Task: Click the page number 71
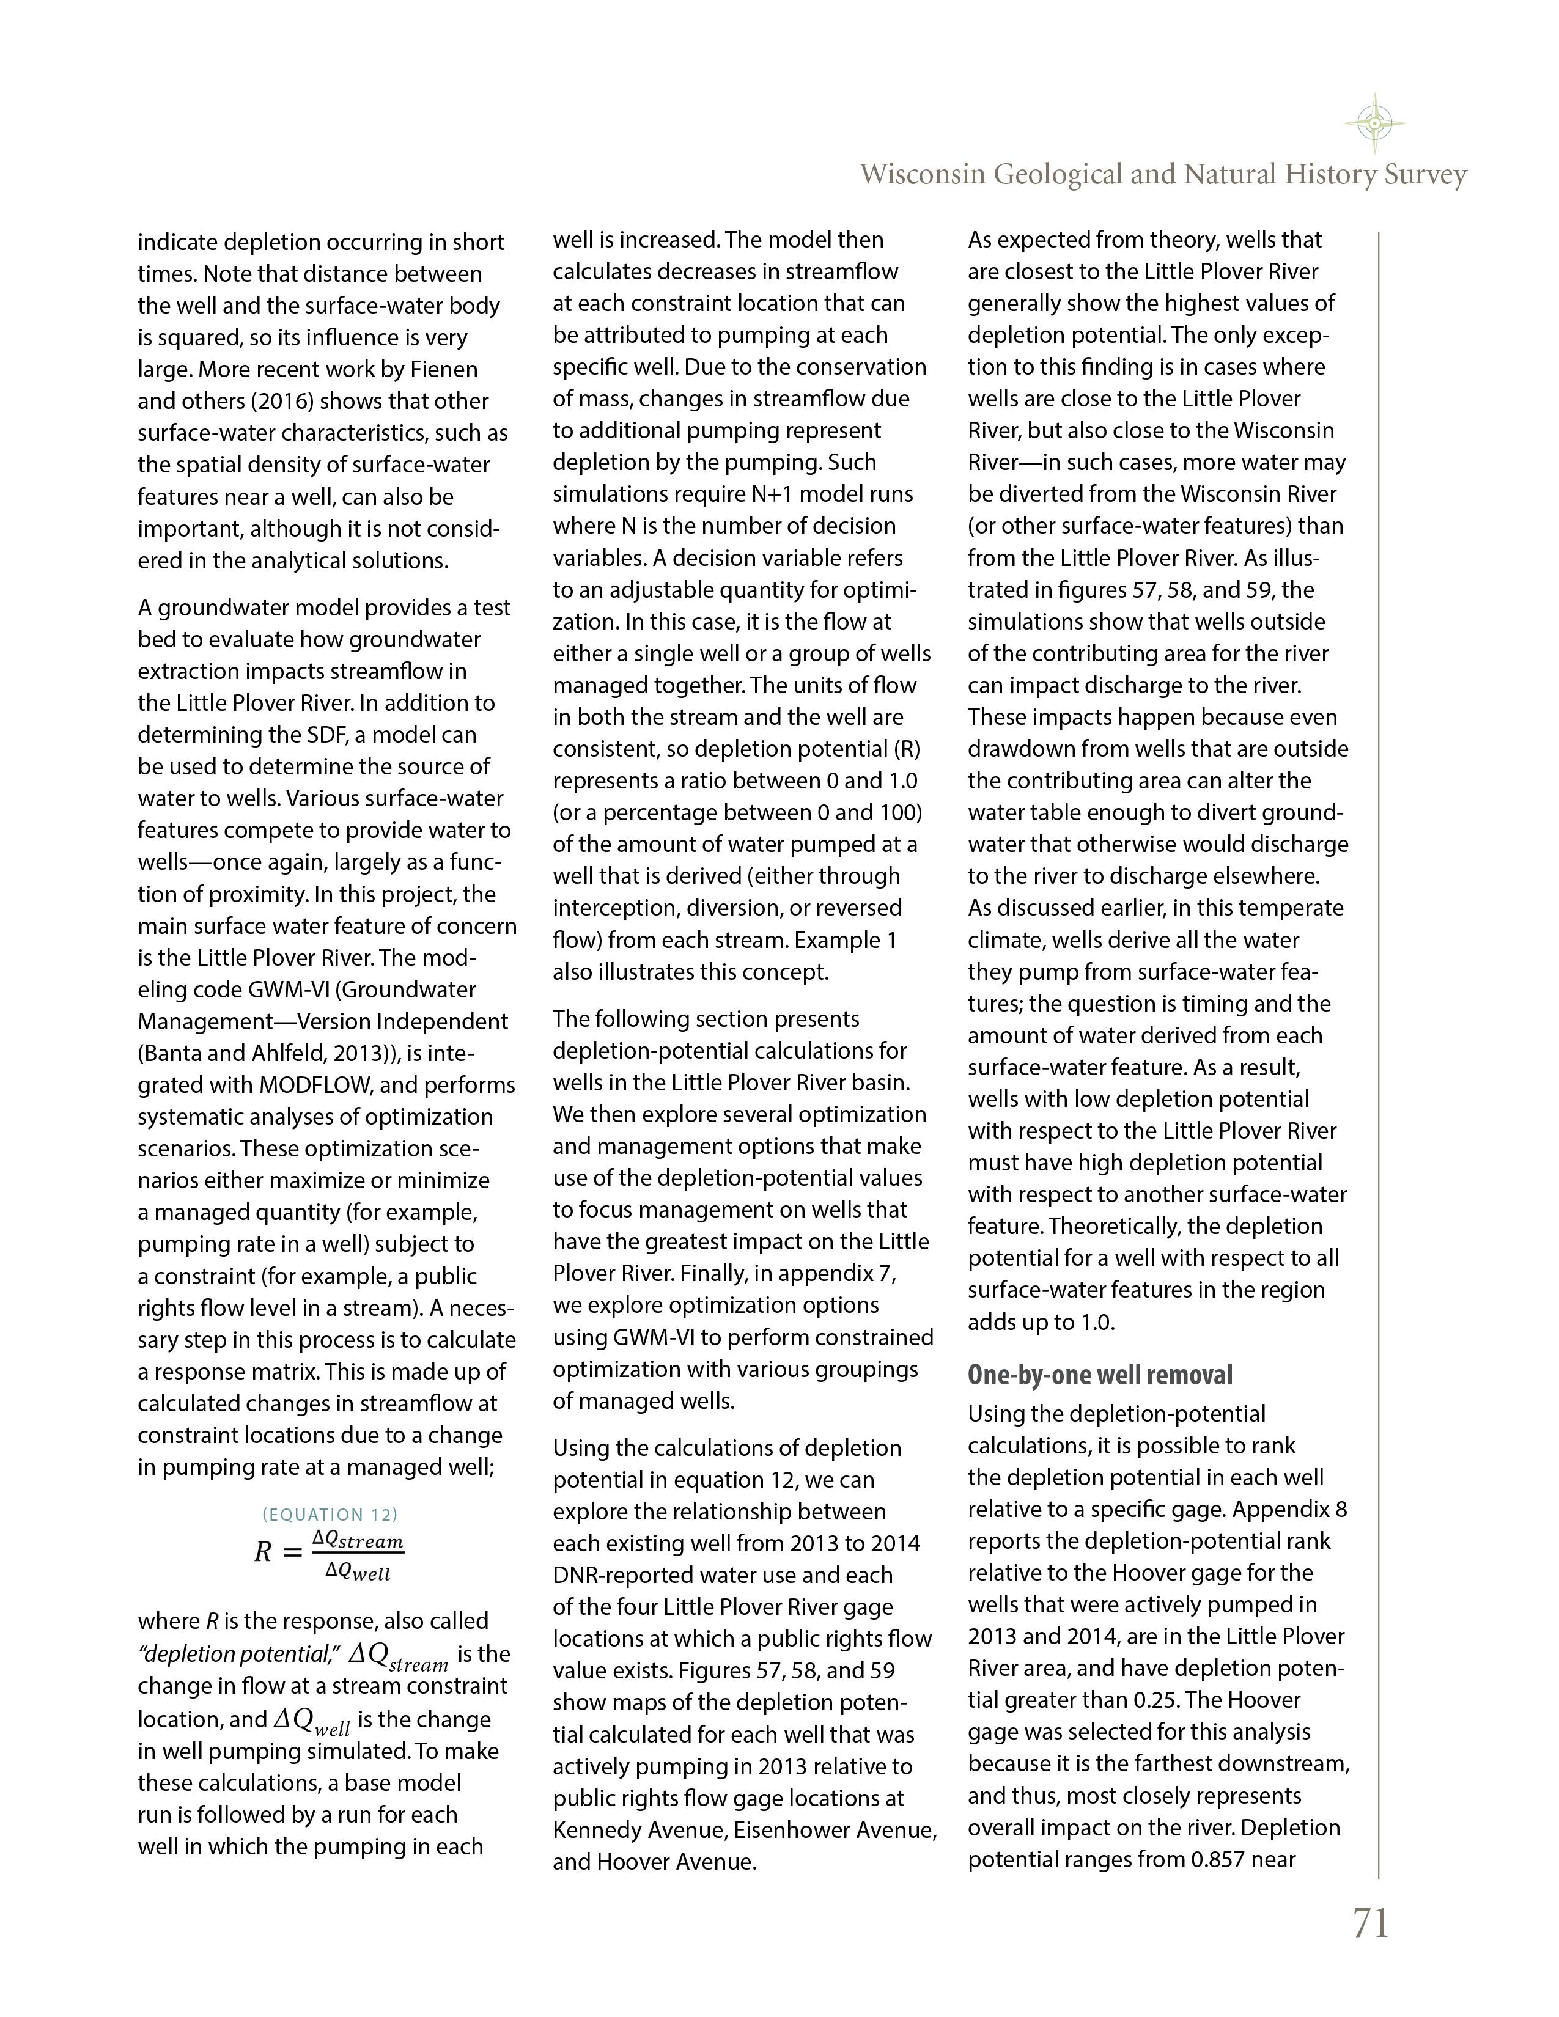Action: pyautogui.click(x=1371, y=1923)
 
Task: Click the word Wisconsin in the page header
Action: pyautogui.click(x=923, y=175)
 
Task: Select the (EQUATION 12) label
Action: pyautogui.click(x=330, y=1515)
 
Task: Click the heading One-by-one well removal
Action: pyautogui.click(x=1100, y=1375)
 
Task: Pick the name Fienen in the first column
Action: pyautogui.click(x=443, y=369)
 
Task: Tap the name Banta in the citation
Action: pyautogui.click(x=174, y=1053)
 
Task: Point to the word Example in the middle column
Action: pyautogui.click(x=837, y=940)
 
